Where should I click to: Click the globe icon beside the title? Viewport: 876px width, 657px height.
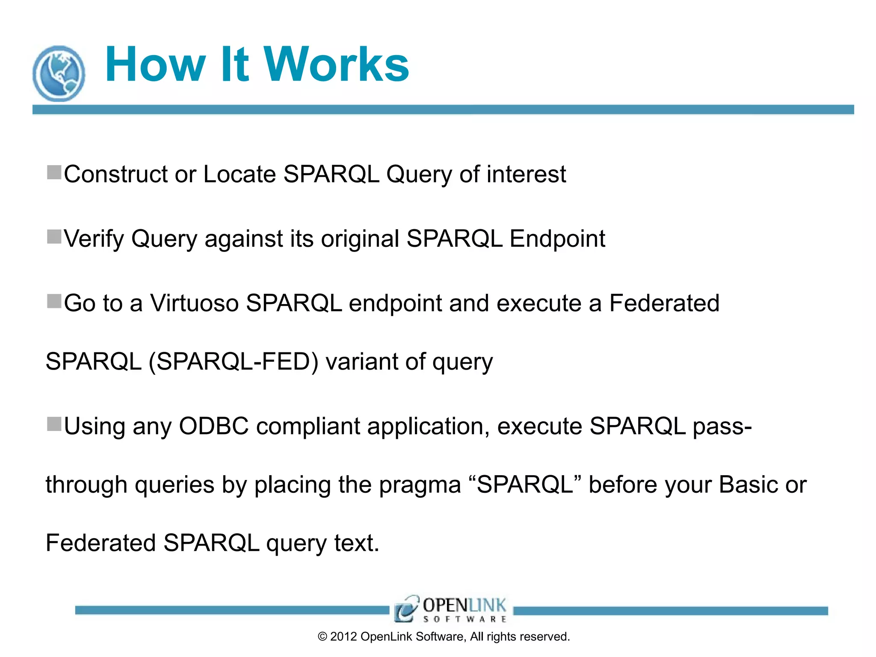59,74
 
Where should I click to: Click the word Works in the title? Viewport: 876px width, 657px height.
336,65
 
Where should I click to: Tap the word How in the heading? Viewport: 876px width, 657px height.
155,65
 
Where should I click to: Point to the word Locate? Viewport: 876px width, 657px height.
240,174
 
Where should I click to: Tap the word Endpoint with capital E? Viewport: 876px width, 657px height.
557,239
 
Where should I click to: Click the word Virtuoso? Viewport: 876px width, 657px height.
194,303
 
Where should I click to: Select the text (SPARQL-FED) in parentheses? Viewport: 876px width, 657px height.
233,362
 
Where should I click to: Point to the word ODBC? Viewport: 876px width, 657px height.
213,426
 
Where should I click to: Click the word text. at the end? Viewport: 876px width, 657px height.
357,543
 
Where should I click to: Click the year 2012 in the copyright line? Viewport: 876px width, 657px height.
343,637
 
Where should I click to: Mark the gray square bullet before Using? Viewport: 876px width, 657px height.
54,424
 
